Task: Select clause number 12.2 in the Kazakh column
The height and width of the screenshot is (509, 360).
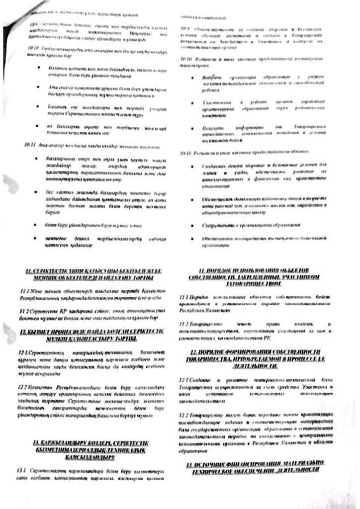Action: point(22,386)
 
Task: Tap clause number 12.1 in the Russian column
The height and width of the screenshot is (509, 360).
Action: point(182,380)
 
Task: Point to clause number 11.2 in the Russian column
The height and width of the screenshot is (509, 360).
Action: point(182,324)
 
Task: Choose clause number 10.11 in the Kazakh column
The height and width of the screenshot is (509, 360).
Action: point(29,145)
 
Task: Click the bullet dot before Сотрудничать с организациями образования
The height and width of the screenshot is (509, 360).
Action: point(191,225)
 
